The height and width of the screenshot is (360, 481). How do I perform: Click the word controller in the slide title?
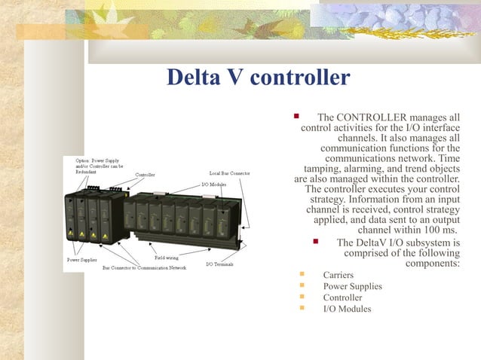[303, 78]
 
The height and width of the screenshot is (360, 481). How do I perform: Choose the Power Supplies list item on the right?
[352, 286]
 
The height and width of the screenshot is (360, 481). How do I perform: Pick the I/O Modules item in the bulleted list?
[347, 309]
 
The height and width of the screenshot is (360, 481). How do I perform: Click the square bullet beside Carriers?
[302, 274]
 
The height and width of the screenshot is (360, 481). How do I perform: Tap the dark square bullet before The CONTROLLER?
[297, 117]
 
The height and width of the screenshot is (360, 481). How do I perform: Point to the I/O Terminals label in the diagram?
[219, 265]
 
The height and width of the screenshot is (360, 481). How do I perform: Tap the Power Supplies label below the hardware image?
[82, 260]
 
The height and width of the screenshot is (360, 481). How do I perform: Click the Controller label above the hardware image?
[145, 175]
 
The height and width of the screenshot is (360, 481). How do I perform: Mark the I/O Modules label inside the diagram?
[213, 184]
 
